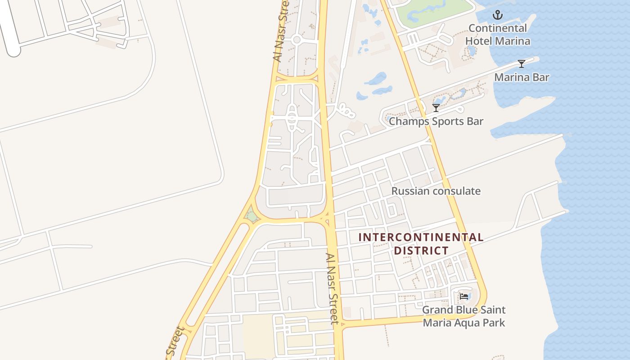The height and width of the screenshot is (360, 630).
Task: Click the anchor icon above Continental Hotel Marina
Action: coord(497,15)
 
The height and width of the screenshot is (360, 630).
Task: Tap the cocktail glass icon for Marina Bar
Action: coord(522,64)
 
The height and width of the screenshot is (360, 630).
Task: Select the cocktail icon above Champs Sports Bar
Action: coord(436,108)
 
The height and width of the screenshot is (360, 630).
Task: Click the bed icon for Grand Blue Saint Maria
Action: coord(464,297)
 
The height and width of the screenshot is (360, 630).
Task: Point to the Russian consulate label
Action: coord(436,191)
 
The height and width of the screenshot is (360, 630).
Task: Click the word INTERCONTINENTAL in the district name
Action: coord(421,237)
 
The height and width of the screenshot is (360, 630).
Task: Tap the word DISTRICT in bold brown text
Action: coord(421,250)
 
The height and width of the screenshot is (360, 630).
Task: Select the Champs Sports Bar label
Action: coord(436,121)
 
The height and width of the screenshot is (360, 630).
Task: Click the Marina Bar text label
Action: coord(522,77)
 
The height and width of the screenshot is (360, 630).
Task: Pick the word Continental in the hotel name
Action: coord(497,28)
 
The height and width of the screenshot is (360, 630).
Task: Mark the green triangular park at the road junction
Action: coord(252,217)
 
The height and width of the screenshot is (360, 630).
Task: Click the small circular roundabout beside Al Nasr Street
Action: coord(296,40)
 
